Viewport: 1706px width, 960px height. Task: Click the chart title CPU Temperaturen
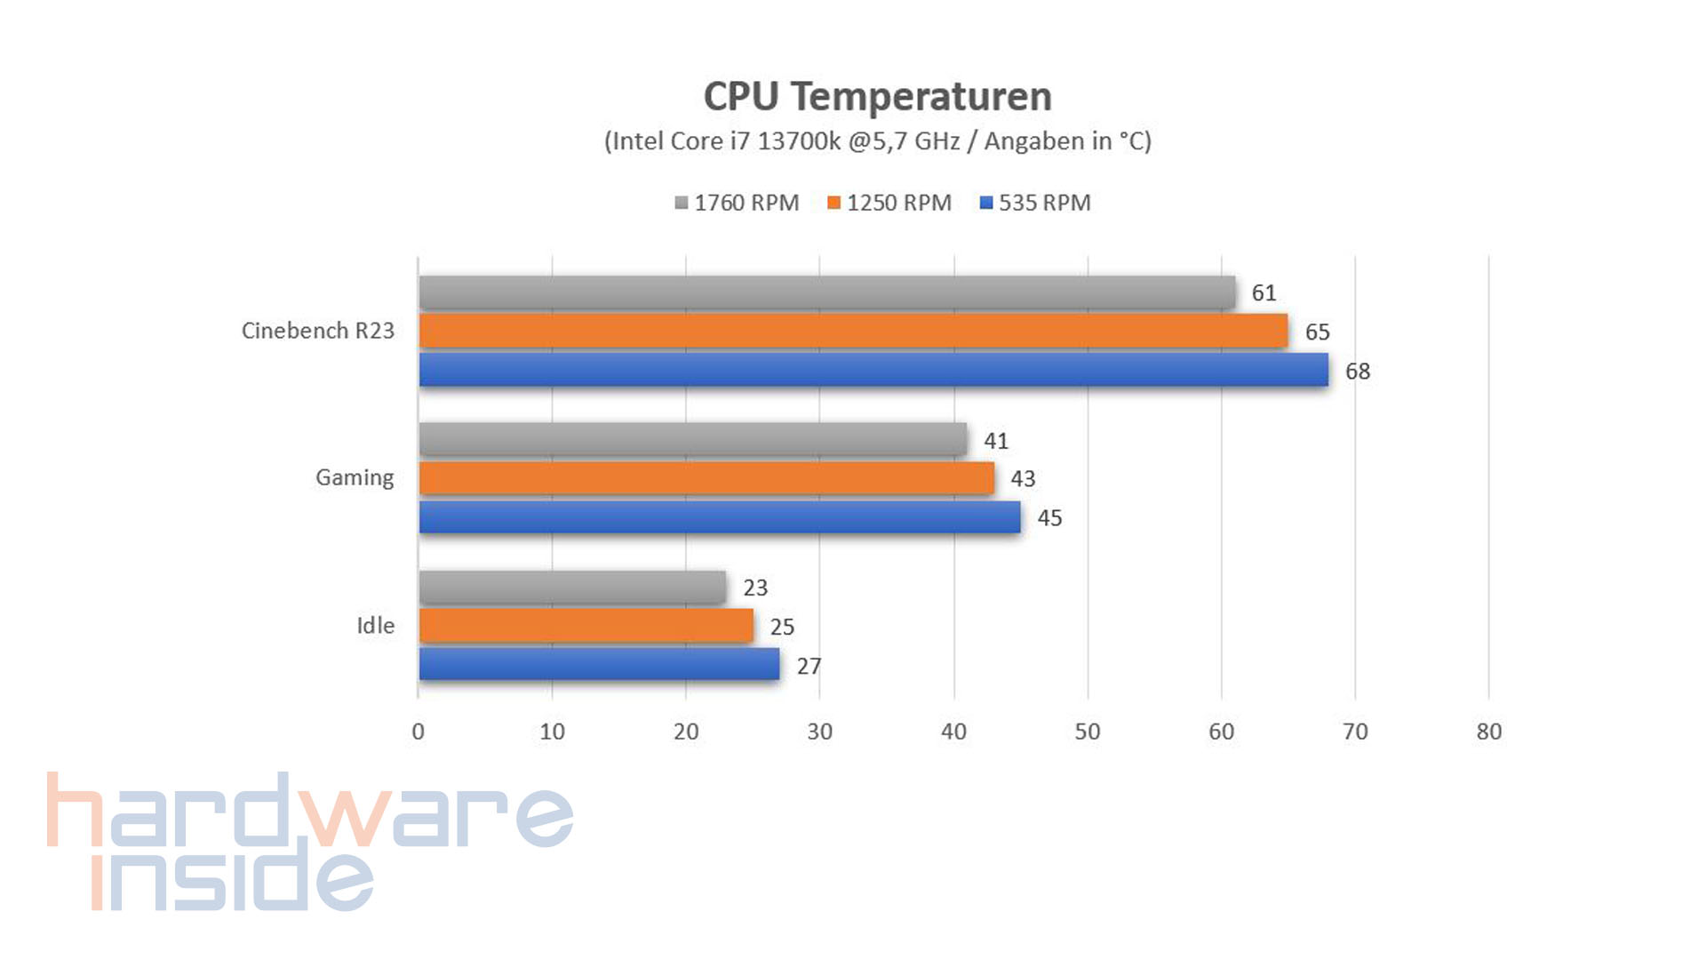tap(877, 96)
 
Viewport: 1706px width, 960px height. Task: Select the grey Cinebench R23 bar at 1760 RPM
tap(826, 292)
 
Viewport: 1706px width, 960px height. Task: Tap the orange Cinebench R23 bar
tap(853, 331)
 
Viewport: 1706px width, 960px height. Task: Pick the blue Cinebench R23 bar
tap(873, 370)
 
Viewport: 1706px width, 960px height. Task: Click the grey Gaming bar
tap(693, 439)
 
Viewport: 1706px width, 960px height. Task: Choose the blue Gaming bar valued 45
tap(720, 517)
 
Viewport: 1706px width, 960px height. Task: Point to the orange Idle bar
tap(586, 626)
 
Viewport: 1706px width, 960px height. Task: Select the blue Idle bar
tap(599, 664)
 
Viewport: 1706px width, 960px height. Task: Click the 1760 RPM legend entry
tap(737, 203)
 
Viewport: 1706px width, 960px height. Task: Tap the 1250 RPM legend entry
tap(889, 203)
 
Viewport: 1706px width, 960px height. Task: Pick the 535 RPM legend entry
tap(1035, 203)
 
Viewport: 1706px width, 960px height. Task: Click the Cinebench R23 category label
tap(317, 331)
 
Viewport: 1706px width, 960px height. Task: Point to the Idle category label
tap(375, 626)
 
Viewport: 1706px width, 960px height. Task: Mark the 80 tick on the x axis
tap(1488, 732)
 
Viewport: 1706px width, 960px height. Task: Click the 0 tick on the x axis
tap(418, 732)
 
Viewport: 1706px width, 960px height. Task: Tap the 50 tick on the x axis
tap(1087, 732)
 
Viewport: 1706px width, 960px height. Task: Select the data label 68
tap(1357, 372)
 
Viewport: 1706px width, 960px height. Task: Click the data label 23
tap(754, 588)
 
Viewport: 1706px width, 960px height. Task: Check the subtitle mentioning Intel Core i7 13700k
tap(877, 141)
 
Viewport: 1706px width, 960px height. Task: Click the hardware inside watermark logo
tap(309, 841)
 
